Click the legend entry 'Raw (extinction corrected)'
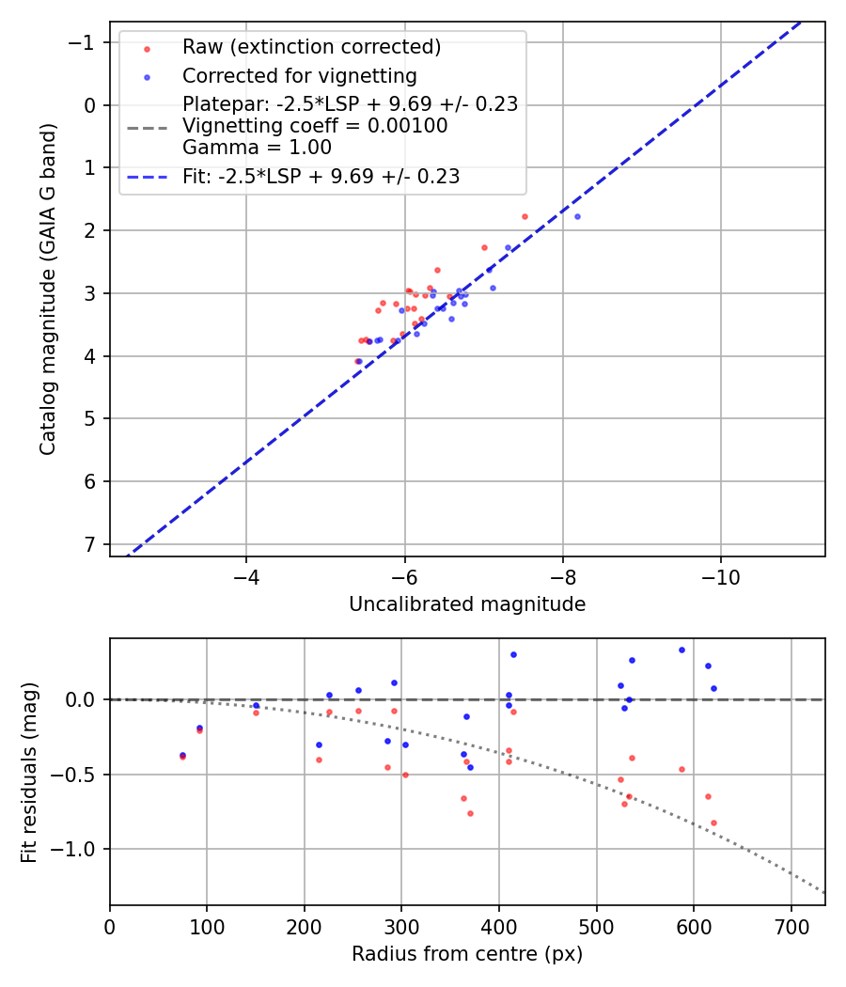[311, 47]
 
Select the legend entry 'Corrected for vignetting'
[299, 75]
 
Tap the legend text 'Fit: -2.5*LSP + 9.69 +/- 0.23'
[321, 177]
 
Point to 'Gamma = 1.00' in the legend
[257, 148]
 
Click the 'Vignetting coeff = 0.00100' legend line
[315, 126]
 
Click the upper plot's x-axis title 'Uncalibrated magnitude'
[467, 604]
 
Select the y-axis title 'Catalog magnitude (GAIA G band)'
[48, 288]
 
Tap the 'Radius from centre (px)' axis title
[467, 954]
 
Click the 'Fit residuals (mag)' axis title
[29, 772]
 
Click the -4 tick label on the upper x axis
[246, 573]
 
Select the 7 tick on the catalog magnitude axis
[91, 544]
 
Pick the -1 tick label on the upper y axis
[85, 42]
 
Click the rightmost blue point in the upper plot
[577, 216]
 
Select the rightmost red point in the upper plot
[525, 216]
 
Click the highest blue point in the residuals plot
[681, 650]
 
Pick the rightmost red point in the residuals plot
[713, 822]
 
